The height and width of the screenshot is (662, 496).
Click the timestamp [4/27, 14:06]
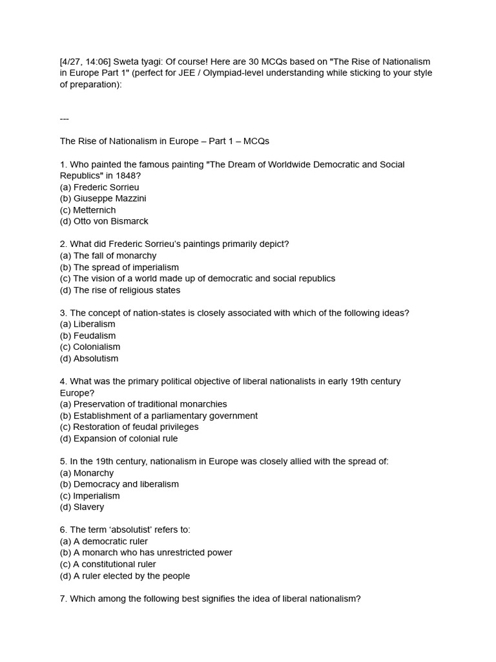pos(85,61)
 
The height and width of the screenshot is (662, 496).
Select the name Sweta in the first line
pos(127,61)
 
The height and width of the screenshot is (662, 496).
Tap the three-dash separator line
pos(64,118)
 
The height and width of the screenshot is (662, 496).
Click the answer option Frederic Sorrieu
pos(106,187)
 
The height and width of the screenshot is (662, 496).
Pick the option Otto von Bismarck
pos(110,221)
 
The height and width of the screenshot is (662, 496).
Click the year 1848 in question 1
pos(126,176)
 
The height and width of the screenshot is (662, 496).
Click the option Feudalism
pos(94,336)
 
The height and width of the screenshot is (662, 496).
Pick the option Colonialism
pos(96,347)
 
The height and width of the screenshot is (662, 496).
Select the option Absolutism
pos(96,358)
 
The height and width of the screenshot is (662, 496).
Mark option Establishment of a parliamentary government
pos(165,416)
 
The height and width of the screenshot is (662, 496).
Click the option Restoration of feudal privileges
pos(136,427)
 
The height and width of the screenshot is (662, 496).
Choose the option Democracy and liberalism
pos(126,484)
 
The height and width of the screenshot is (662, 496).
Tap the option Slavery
pos(88,507)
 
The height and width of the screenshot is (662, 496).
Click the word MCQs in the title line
pos(256,141)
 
